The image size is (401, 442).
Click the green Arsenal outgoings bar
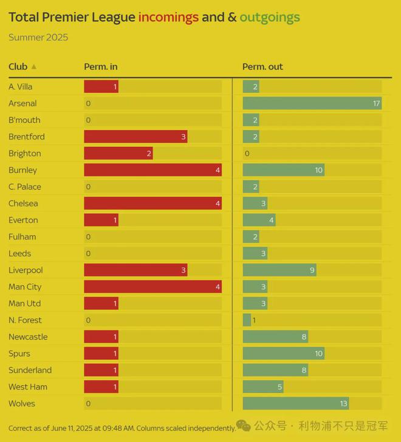pos(312,104)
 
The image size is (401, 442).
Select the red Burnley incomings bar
pos(153,170)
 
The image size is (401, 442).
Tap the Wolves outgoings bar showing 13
pos(295,404)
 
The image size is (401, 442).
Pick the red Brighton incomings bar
pos(118,154)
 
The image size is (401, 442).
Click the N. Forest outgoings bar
pos(247,320)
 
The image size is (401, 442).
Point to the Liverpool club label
pos(26,270)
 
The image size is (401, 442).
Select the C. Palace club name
pos(25,187)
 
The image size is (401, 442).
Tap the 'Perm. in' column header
pos(101,67)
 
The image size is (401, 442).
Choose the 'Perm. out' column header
pos(262,67)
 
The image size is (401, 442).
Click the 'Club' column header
pos(18,67)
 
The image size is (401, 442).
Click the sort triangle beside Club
pos(34,67)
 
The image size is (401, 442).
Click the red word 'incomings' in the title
pos(168,17)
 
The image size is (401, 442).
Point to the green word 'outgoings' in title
pos(269,17)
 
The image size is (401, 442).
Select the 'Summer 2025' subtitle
pos(38,38)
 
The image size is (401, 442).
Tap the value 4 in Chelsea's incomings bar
pos(218,203)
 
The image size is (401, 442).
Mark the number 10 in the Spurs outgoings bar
pos(318,353)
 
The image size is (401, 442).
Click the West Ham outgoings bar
pos(262,387)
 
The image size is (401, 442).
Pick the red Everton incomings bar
pos(101,220)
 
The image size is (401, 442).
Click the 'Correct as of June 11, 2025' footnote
pos(122,428)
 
